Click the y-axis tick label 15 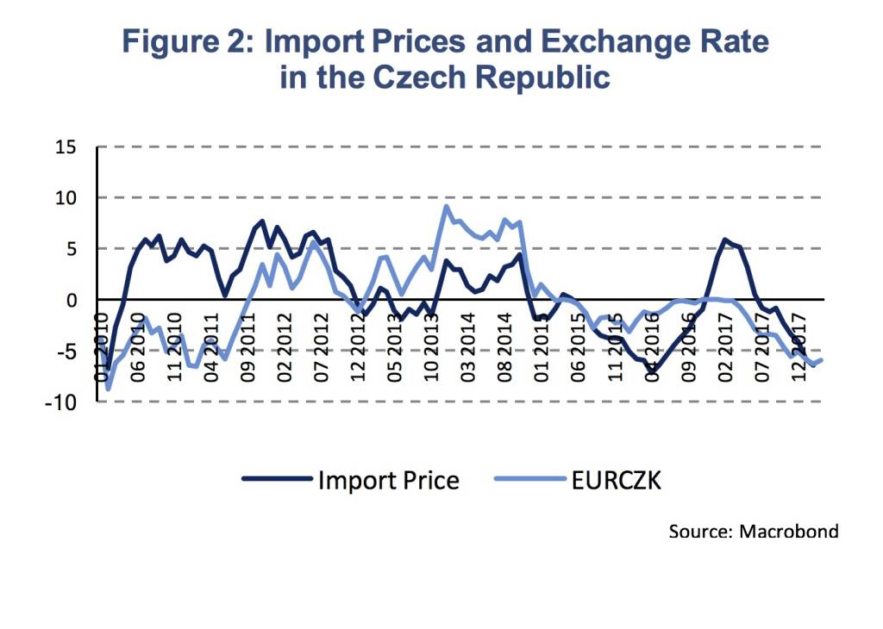pyautogui.click(x=66, y=147)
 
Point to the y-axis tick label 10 pyautogui.click(x=66, y=198)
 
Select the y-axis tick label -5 pyautogui.click(x=66, y=352)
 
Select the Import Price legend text pyautogui.click(x=388, y=480)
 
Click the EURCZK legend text pyautogui.click(x=616, y=480)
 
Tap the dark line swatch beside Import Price pyautogui.click(x=276, y=480)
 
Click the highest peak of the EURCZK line pyautogui.click(x=446, y=206)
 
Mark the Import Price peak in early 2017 pyautogui.click(x=725, y=240)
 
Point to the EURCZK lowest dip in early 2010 pyautogui.click(x=108, y=389)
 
